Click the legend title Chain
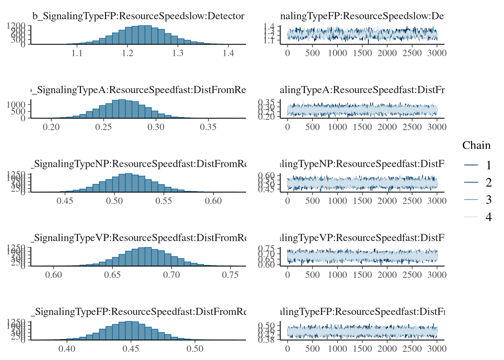pos(476,145)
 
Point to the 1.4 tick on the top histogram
pos(228,53)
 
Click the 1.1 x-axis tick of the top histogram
pos(77,53)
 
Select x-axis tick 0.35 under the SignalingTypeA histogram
pos(208,127)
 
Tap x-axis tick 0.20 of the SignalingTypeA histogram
pos(51,127)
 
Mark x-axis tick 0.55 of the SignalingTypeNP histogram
pos(164,201)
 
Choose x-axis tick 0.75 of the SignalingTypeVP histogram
pos(230,274)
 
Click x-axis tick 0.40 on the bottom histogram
pos(67,349)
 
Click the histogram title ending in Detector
pos(138,16)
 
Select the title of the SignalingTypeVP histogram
pos(140,238)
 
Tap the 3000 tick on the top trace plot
pos(437,53)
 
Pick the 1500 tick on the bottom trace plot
pos(362,349)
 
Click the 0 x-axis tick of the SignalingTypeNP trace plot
pos(288,201)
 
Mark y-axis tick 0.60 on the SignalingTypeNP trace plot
pos(267,175)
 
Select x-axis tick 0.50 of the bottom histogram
pos(195,349)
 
